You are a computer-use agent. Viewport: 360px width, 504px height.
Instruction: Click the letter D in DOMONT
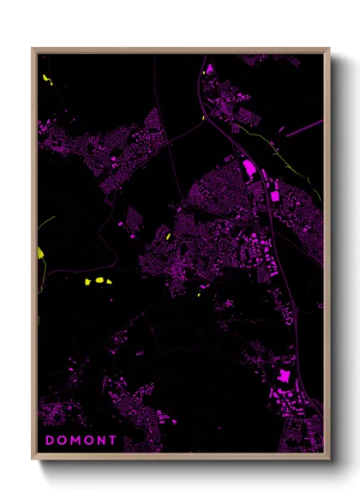tap(50, 441)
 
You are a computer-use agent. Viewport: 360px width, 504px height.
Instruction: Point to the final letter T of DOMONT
tap(114, 441)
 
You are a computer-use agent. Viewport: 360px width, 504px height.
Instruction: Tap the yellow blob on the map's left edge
tap(40, 253)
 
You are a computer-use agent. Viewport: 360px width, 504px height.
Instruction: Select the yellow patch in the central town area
tap(168, 236)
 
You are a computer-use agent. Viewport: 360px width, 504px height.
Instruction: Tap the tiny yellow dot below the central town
tap(199, 295)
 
